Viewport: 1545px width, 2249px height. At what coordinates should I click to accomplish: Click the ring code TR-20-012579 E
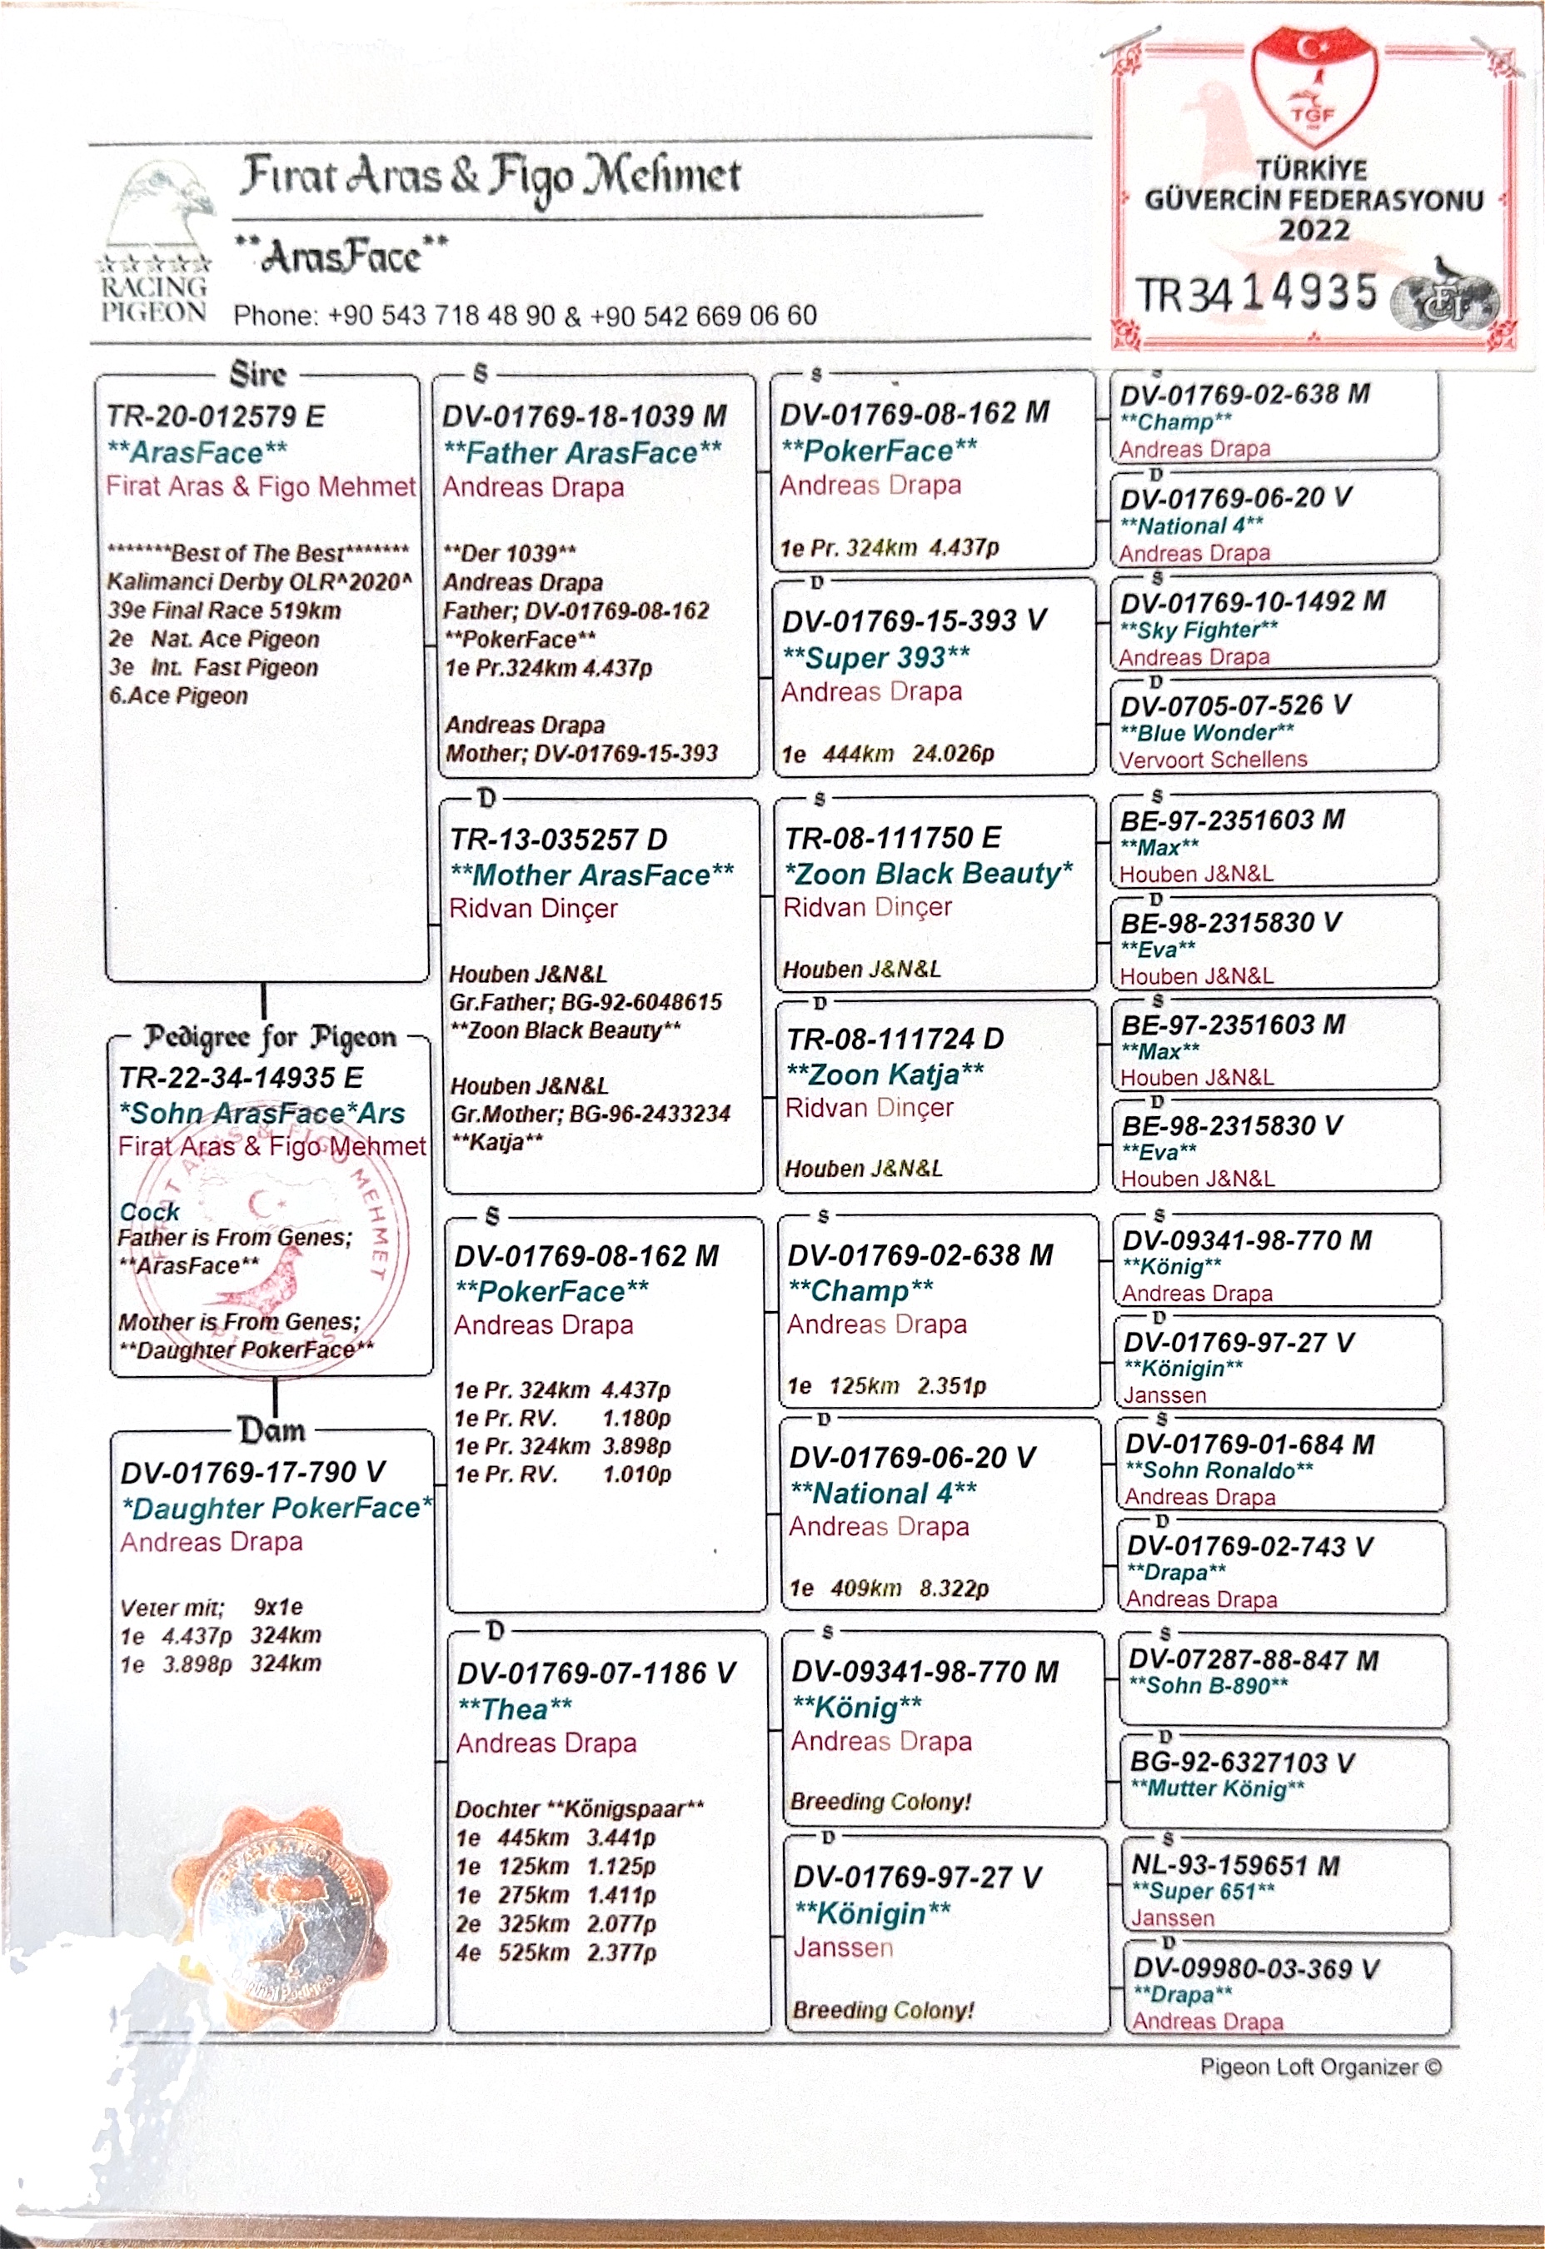coord(216,416)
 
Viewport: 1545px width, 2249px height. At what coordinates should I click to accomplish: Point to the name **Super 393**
coord(876,657)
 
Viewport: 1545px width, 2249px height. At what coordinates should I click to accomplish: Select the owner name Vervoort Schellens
coord(1213,760)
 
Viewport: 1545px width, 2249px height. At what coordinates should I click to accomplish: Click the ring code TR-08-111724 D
coord(895,1039)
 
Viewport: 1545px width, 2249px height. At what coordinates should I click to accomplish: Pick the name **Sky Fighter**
coord(1199,631)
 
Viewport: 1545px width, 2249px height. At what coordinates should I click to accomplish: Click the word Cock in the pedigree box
coord(150,1211)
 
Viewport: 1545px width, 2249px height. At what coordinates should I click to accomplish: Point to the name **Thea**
coord(515,1710)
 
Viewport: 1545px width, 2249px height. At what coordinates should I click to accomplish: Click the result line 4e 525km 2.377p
coord(556,1952)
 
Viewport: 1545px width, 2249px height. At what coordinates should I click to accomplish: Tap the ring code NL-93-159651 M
coord(1235,1866)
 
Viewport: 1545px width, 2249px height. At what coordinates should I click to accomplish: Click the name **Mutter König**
coord(1217,1788)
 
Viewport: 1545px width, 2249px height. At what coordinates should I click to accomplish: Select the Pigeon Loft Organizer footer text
coord(1320,2067)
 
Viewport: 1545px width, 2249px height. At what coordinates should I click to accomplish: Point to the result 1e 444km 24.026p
coord(888,754)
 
